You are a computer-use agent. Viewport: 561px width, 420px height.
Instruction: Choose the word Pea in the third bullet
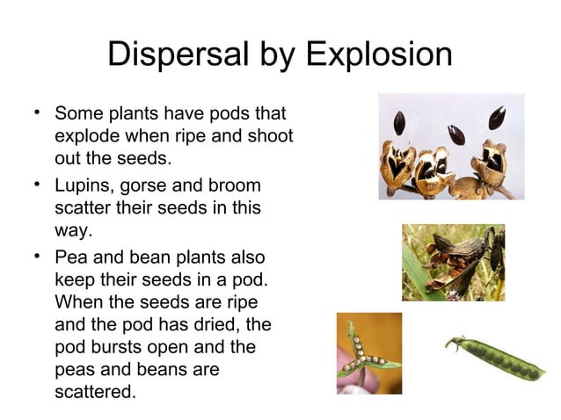[70, 256]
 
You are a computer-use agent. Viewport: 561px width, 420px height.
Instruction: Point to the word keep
[73, 279]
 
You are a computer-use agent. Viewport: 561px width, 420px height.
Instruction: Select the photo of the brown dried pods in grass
[453, 263]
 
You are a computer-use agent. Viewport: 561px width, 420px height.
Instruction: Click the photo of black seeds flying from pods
[451, 146]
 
